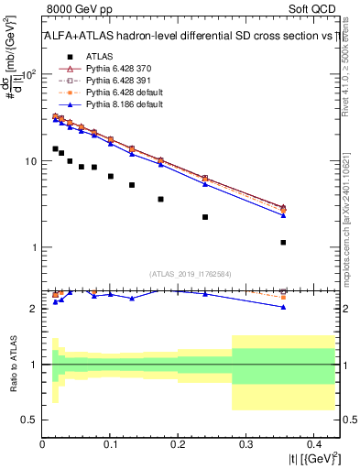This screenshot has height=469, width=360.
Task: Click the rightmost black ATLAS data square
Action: (x=283, y=243)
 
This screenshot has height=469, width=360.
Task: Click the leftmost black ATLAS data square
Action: (x=55, y=148)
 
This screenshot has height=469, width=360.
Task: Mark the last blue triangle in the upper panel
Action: (x=283, y=215)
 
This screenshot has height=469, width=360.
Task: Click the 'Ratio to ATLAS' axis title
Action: (x=13, y=364)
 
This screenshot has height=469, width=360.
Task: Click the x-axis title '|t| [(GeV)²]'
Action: (x=312, y=460)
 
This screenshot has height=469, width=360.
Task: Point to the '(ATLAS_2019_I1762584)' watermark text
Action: (x=191, y=273)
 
